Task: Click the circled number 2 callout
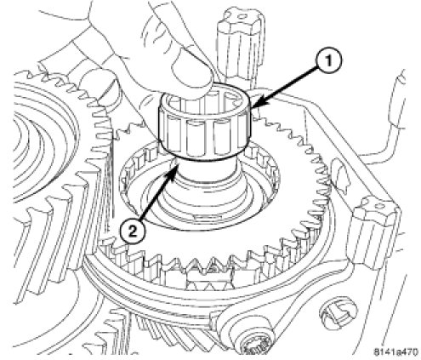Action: [x=132, y=232]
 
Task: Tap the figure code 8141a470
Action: [x=395, y=352]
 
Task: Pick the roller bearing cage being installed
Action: [x=204, y=125]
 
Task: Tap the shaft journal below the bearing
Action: [x=204, y=173]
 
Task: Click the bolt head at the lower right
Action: [x=338, y=312]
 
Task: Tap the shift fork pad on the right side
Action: [x=374, y=227]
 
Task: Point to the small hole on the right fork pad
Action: [x=378, y=204]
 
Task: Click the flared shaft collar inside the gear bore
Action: [x=204, y=198]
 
